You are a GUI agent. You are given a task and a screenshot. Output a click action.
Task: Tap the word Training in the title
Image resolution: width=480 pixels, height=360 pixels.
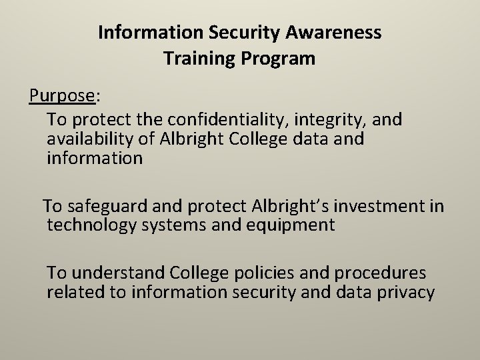191,59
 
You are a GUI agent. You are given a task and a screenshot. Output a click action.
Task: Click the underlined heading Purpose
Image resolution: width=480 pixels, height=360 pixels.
62,97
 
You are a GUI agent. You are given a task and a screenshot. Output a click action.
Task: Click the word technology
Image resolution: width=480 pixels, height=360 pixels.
92,225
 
